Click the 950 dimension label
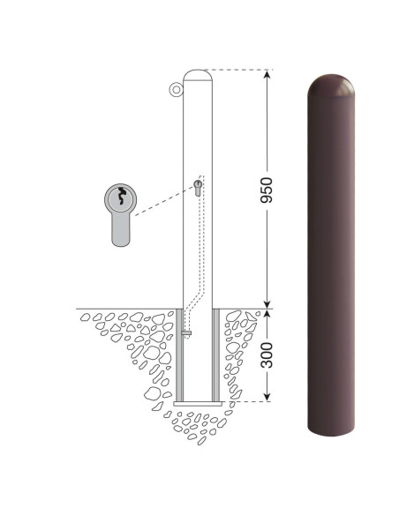[x=267, y=190]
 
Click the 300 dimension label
[x=267, y=355]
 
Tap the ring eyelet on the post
[x=177, y=89]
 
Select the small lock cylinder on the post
[x=198, y=188]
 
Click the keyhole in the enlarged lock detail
[x=121, y=196]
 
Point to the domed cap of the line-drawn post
[x=197, y=75]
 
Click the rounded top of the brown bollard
[x=331, y=85]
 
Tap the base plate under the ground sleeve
[x=198, y=404]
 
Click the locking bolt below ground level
[x=186, y=333]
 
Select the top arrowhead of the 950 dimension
[x=267, y=75]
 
